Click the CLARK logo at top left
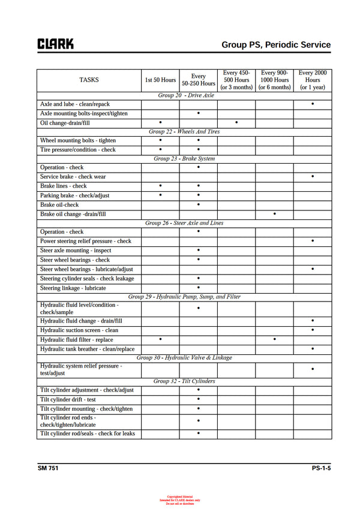(x=56, y=44)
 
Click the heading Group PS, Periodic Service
(x=275, y=44)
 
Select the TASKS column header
(x=89, y=80)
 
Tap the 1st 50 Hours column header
(x=160, y=80)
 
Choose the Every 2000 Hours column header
(x=312, y=80)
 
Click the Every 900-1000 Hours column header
(x=274, y=80)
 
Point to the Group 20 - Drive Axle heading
(x=185, y=95)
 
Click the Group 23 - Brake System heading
(x=184, y=159)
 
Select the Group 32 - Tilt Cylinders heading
(x=184, y=381)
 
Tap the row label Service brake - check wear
(x=73, y=177)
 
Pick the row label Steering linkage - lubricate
(x=73, y=288)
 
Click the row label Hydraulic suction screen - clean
(x=79, y=330)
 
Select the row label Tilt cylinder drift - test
(x=68, y=400)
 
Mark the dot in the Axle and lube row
(x=313, y=104)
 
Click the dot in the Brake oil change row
(x=274, y=213)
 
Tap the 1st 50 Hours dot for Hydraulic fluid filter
(x=160, y=339)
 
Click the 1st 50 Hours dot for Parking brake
(x=160, y=195)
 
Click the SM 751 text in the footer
(x=49, y=468)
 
